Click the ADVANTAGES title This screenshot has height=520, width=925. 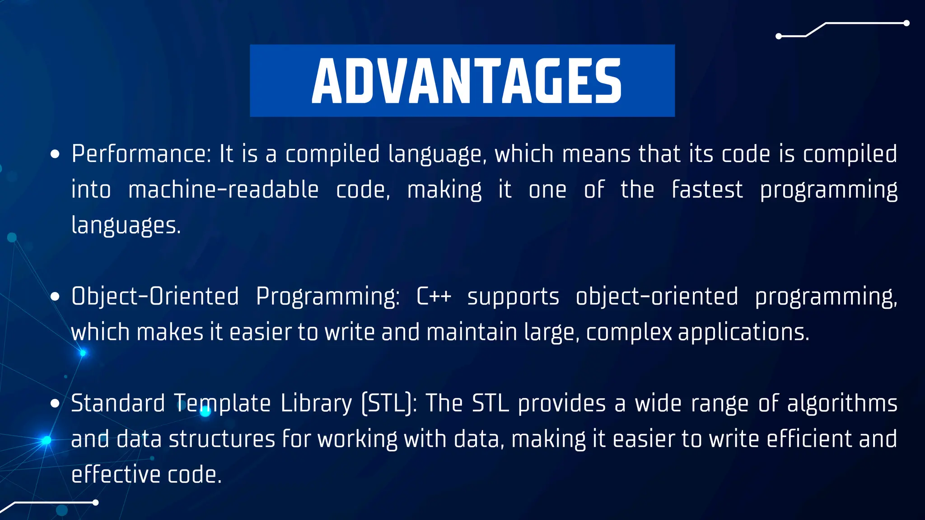coord(466,81)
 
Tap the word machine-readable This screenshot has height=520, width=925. coord(224,190)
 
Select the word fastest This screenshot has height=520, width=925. coord(707,190)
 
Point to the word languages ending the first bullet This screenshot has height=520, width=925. coord(126,226)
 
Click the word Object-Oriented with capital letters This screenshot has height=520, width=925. coord(155,297)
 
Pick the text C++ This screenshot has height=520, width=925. coord(434,297)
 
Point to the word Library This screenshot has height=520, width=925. coord(316,404)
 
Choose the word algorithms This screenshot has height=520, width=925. coord(842,404)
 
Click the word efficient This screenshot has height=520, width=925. coord(809,439)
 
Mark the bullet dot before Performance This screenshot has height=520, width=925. coord(55,155)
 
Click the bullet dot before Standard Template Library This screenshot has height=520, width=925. coord(55,404)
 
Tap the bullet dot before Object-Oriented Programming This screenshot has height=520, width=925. coord(55,297)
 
